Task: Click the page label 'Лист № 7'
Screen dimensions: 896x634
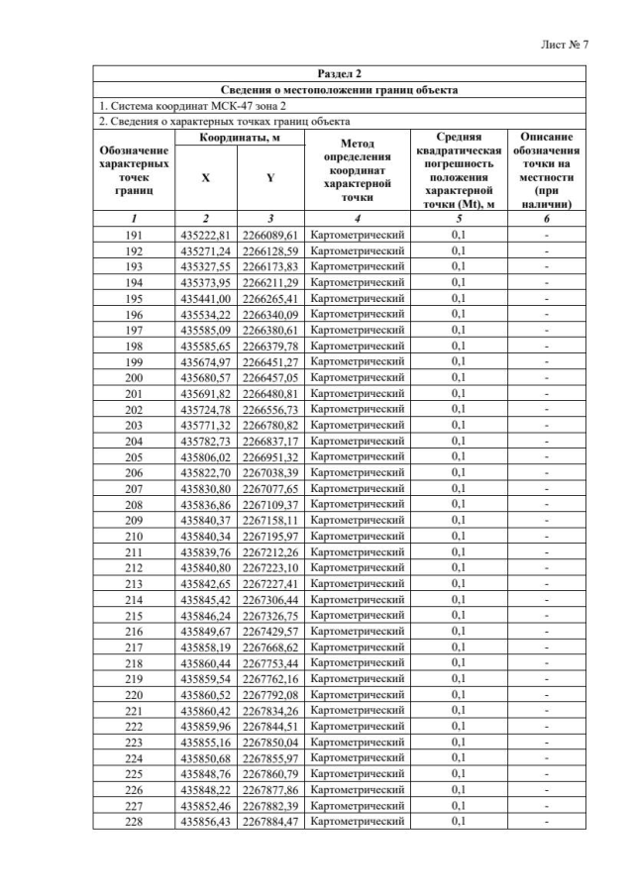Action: (x=566, y=46)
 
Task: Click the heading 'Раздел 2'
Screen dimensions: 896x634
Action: (x=339, y=74)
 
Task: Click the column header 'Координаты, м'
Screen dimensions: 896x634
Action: (x=238, y=139)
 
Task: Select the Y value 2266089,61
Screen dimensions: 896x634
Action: (x=270, y=236)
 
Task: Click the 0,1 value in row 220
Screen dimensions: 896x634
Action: (x=459, y=694)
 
